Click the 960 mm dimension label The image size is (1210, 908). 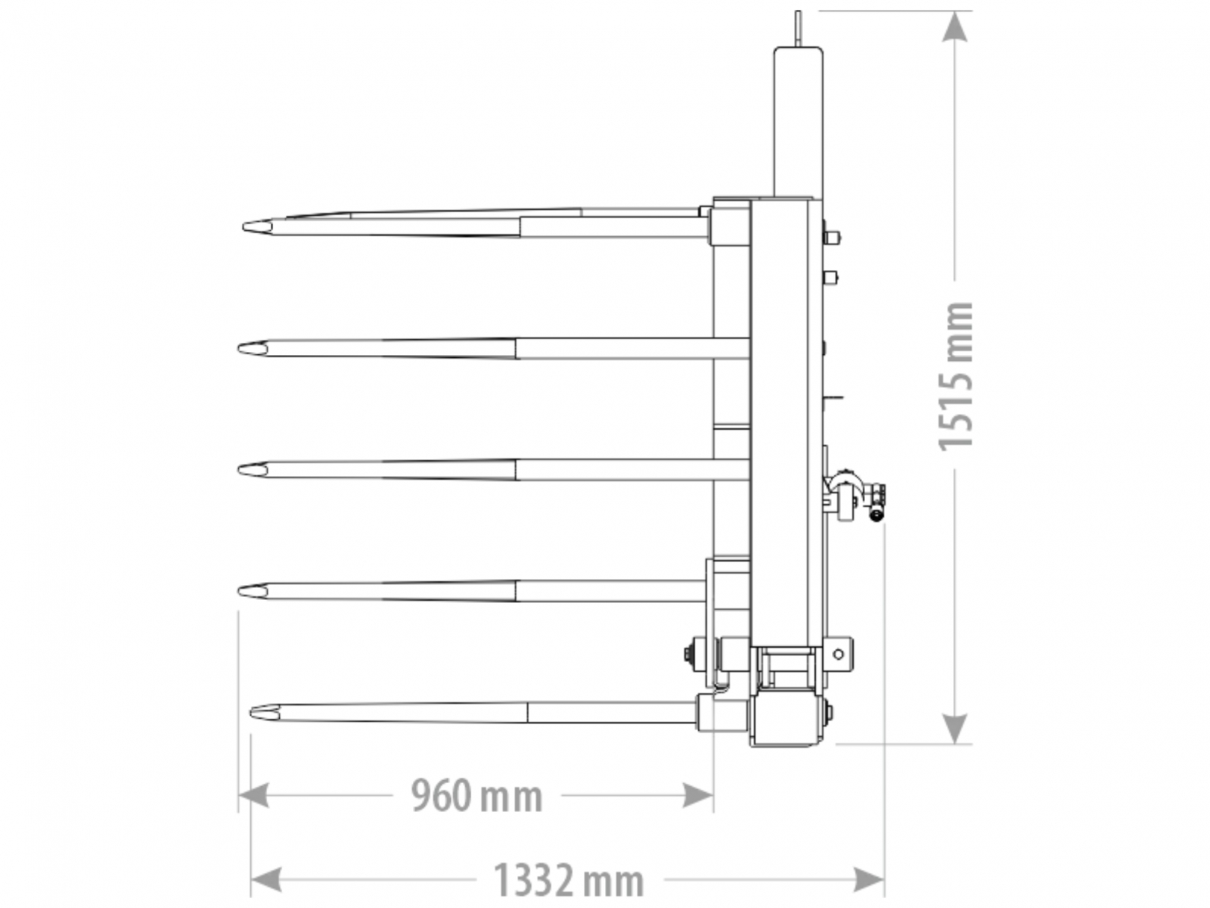[476, 795]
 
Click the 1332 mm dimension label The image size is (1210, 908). [568, 881]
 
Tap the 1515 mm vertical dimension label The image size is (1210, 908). [955, 377]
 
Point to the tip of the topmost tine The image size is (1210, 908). [243, 226]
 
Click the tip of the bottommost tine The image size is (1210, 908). [251, 712]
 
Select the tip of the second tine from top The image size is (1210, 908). [238, 348]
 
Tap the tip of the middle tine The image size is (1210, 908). [238, 470]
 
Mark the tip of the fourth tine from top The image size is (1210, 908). [238, 592]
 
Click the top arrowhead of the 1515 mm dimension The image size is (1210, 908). [954, 26]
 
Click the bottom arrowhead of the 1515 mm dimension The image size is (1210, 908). [954, 728]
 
